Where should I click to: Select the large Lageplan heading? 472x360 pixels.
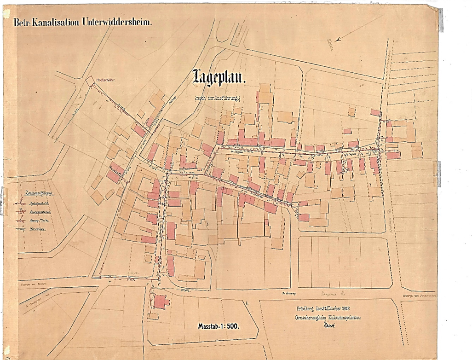(x=219, y=77)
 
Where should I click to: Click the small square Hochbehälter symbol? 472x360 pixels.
(x=89, y=82)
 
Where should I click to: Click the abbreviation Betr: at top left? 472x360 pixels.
(x=24, y=22)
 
